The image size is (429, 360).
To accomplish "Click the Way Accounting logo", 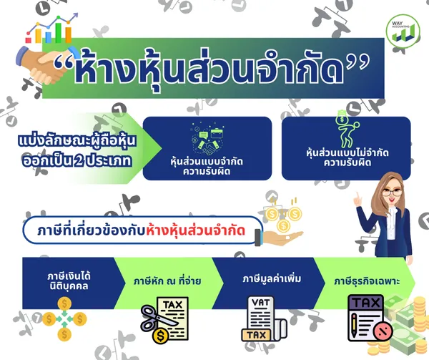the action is point(403,31).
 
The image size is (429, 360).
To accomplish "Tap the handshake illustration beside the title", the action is point(45,64).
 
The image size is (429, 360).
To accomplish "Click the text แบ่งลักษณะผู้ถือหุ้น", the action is point(77,141).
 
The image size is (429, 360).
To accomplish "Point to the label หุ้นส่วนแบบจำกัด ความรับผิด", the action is point(207,167).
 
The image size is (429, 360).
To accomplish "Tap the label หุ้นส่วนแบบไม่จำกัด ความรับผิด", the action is point(347,157).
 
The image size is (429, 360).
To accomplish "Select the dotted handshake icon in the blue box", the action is point(207,140).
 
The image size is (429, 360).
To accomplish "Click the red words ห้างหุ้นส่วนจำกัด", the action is point(195,231).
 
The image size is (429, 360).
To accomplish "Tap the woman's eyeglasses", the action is point(392,192).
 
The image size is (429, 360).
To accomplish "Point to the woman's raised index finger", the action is point(357,198).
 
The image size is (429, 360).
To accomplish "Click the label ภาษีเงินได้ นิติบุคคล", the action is point(69,281).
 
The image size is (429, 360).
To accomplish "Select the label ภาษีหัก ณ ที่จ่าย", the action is point(167,281).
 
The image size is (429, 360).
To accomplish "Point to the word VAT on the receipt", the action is point(260,303).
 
